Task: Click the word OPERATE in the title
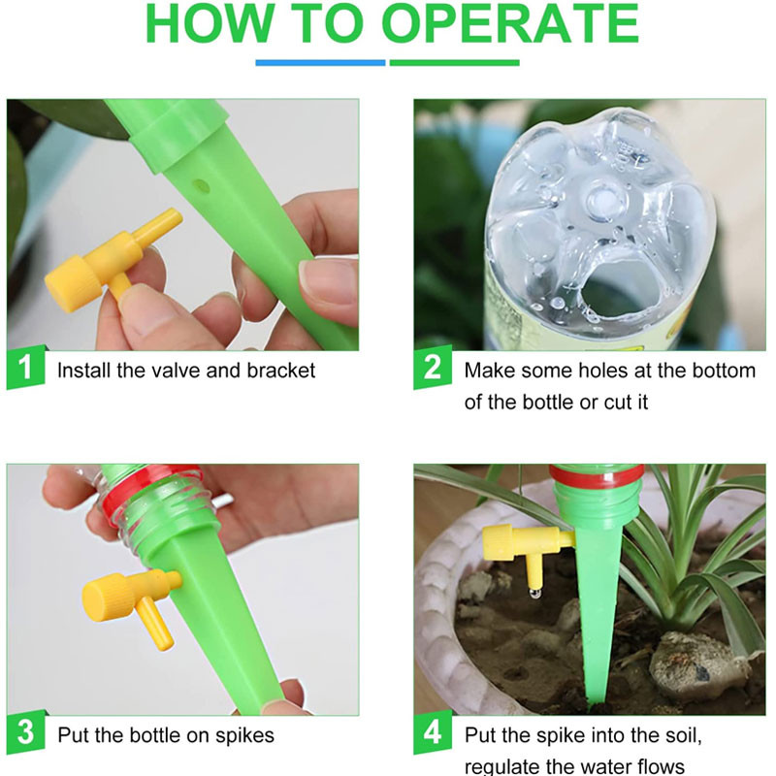coord(510,23)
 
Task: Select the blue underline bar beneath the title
coord(320,63)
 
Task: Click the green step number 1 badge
coord(26,368)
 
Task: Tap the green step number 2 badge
coord(433,368)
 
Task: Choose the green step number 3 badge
coord(26,732)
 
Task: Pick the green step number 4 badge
coord(433,732)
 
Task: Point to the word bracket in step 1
coord(280,371)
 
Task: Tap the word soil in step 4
coord(683,736)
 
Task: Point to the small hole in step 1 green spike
coord(201,186)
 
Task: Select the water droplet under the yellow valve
coord(535,593)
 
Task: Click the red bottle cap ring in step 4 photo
coord(597,474)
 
